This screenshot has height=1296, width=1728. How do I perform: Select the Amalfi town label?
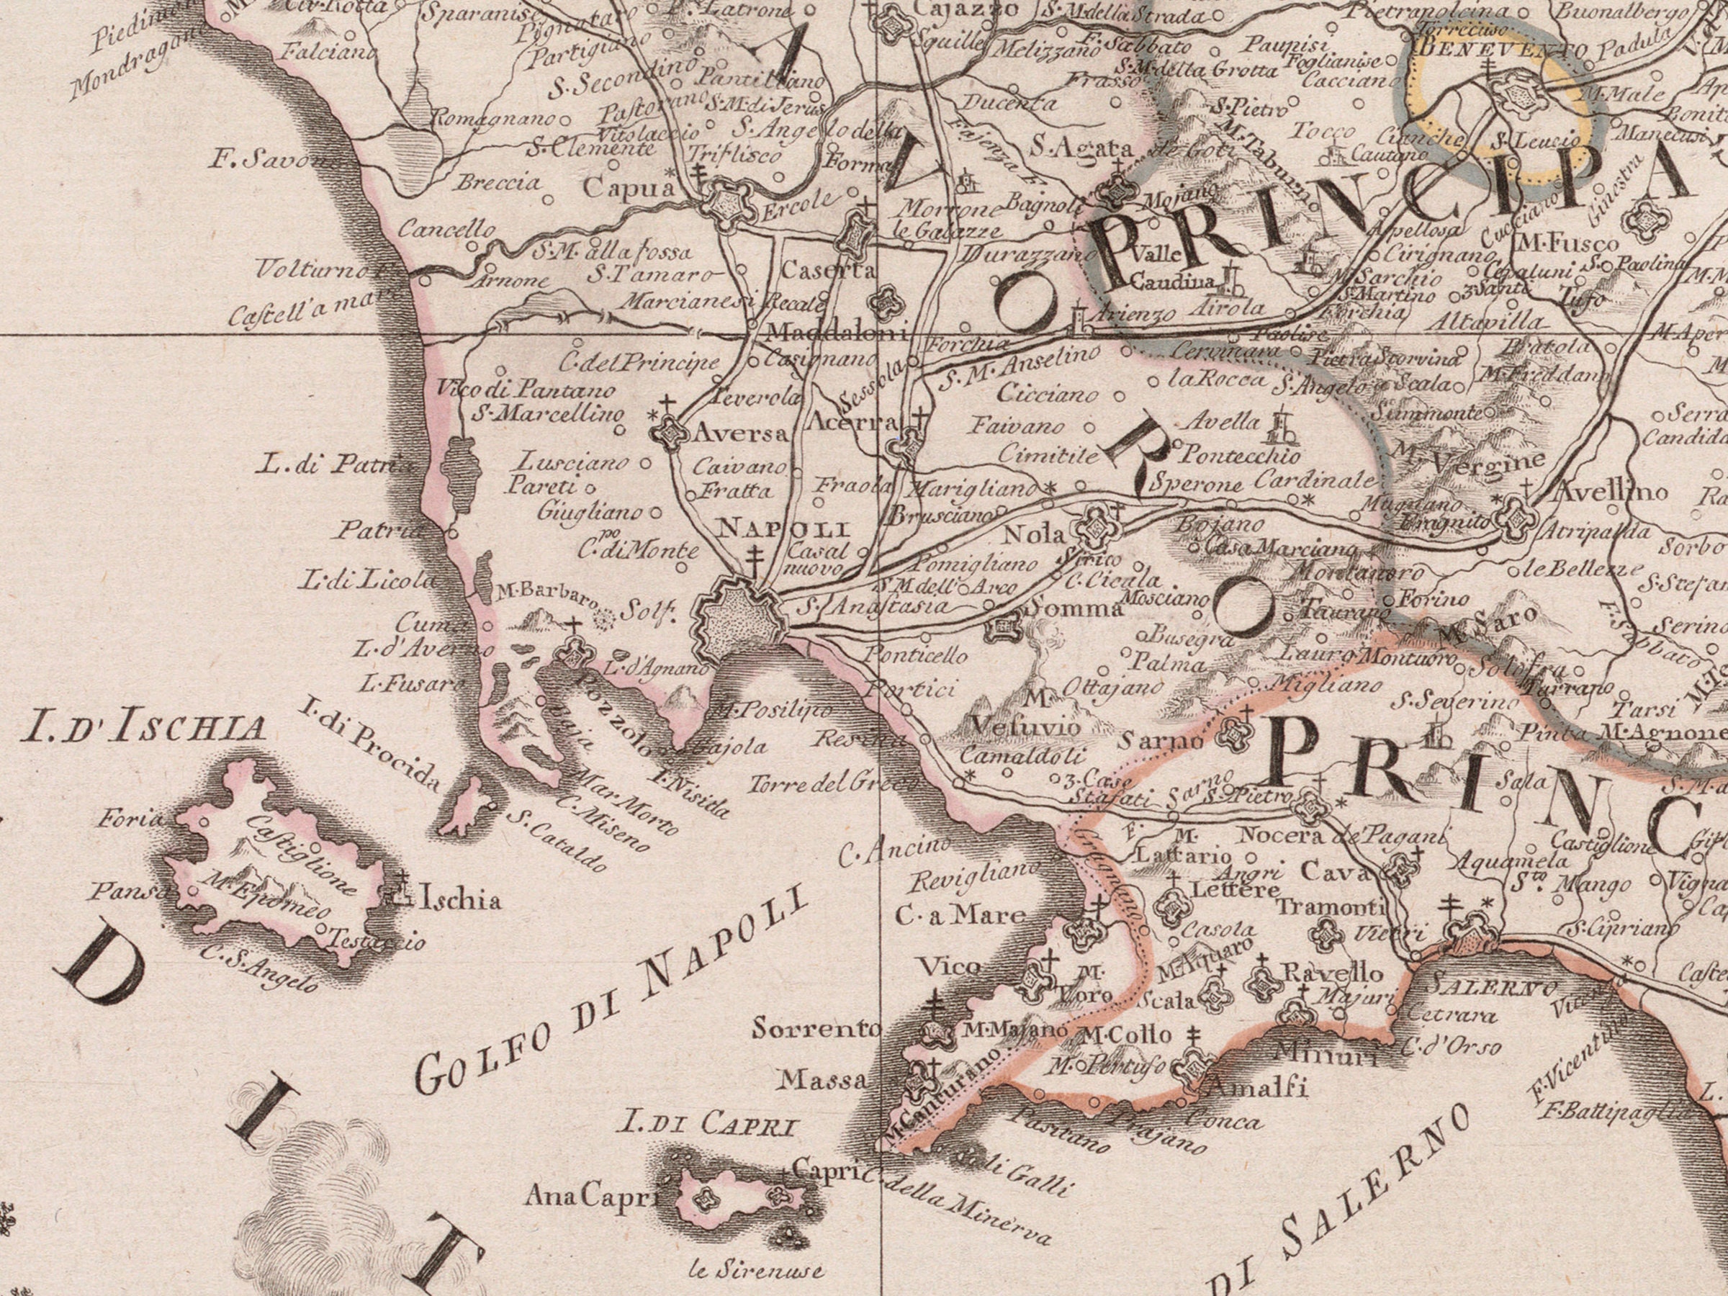tap(1256, 1087)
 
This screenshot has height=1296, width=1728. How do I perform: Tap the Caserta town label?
tap(828, 270)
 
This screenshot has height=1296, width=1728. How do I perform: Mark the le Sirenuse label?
tap(756, 1270)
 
